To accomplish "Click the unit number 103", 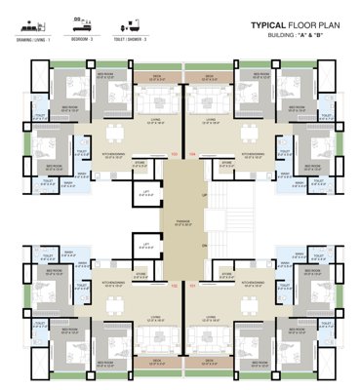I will click(174, 153).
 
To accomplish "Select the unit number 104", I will click(192, 153).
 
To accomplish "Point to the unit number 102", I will click(174, 286).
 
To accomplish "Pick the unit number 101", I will click(192, 286).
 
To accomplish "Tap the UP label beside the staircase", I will click(203, 195).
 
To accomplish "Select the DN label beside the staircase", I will click(203, 245).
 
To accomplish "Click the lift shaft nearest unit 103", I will click(147, 193).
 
